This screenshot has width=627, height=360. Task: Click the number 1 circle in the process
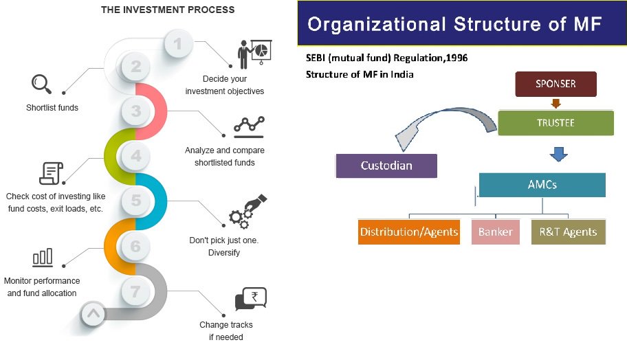click(x=178, y=45)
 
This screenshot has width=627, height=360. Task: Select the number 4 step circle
click(x=136, y=156)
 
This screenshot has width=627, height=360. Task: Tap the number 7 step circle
click(x=136, y=291)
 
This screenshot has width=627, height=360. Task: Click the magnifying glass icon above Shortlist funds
click(x=42, y=84)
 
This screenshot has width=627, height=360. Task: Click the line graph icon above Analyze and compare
click(x=249, y=124)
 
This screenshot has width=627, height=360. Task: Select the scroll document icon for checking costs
click(x=51, y=172)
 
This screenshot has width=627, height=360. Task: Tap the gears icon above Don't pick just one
click(x=247, y=211)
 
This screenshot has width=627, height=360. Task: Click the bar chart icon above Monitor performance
click(x=42, y=257)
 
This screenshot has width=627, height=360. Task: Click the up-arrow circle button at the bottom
click(x=93, y=314)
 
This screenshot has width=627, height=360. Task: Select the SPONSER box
click(x=555, y=85)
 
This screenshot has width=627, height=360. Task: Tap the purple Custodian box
click(x=386, y=166)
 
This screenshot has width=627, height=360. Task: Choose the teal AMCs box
click(x=542, y=185)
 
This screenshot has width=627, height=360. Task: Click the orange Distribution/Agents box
click(x=409, y=232)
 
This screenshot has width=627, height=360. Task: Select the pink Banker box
click(x=495, y=232)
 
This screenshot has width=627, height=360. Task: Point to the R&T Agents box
click(x=569, y=232)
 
